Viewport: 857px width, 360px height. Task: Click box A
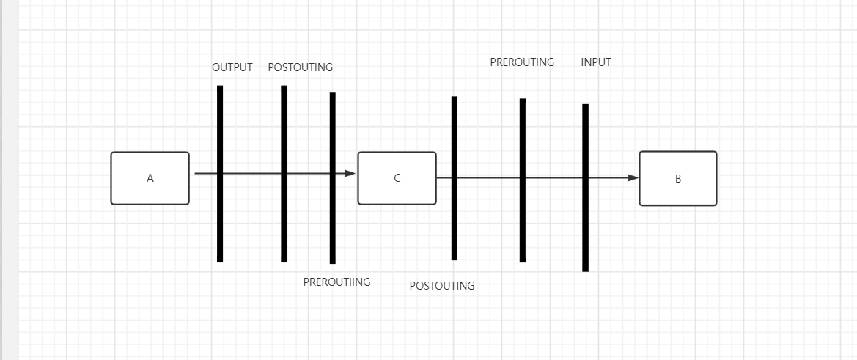pos(150,178)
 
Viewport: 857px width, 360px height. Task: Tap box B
pos(677,178)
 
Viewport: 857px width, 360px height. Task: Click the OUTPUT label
pos(232,67)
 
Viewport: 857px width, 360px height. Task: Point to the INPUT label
pos(595,62)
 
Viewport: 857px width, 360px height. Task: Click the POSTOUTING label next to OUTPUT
pos(300,67)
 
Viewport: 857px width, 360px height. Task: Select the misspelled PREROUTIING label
pos(336,282)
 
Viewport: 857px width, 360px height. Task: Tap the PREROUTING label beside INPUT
pos(522,62)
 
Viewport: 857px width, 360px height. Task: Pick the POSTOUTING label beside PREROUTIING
pos(441,286)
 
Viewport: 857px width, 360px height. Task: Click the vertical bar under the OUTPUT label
pos(220,220)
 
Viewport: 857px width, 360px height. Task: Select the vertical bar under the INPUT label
pos(585,227)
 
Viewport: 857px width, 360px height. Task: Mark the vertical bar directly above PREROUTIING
pos(332,220)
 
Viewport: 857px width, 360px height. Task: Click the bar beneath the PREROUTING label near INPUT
pos(523,220)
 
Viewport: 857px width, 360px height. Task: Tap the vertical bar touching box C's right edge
pos(455,220)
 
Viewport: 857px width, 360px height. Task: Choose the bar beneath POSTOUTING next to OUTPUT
pos(284,220)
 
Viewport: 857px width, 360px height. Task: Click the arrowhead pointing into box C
pos(350,174)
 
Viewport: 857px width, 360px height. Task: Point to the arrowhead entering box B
pos(633,177)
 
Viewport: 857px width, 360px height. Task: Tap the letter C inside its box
pos(397,178)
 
